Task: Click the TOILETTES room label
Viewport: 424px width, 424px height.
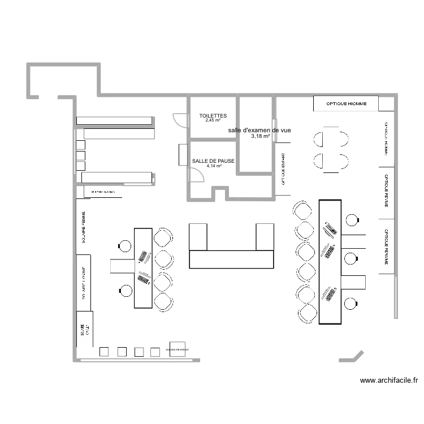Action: pos(213,115)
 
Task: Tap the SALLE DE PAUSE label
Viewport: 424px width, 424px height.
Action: pos(213,161)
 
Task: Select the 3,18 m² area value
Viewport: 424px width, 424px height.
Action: pos(260,136)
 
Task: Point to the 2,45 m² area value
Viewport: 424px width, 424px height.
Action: pos(213,120)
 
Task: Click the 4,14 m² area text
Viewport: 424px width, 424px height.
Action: pos(214,166)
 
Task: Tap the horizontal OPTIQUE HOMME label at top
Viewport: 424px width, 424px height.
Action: pos(346,104)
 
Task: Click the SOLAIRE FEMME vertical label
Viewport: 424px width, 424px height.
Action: pos(84,227)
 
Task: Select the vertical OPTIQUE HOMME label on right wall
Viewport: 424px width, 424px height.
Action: pos(386,139)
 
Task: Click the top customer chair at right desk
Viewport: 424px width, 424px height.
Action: pos(302,210)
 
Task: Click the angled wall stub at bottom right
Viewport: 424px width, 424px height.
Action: pos(351,357)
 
